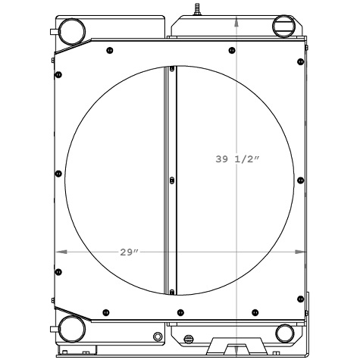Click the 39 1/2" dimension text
point(236,159)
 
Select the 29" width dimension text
point(130,252)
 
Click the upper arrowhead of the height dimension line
point(238,21)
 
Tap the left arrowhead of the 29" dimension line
point(59,252)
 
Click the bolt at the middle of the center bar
point(172,180)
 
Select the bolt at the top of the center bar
point(172,70)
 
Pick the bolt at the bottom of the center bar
point(172,291)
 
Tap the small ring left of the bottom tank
point(157,336)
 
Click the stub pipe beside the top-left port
point(53,32)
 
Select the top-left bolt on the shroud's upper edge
point(111,51)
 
